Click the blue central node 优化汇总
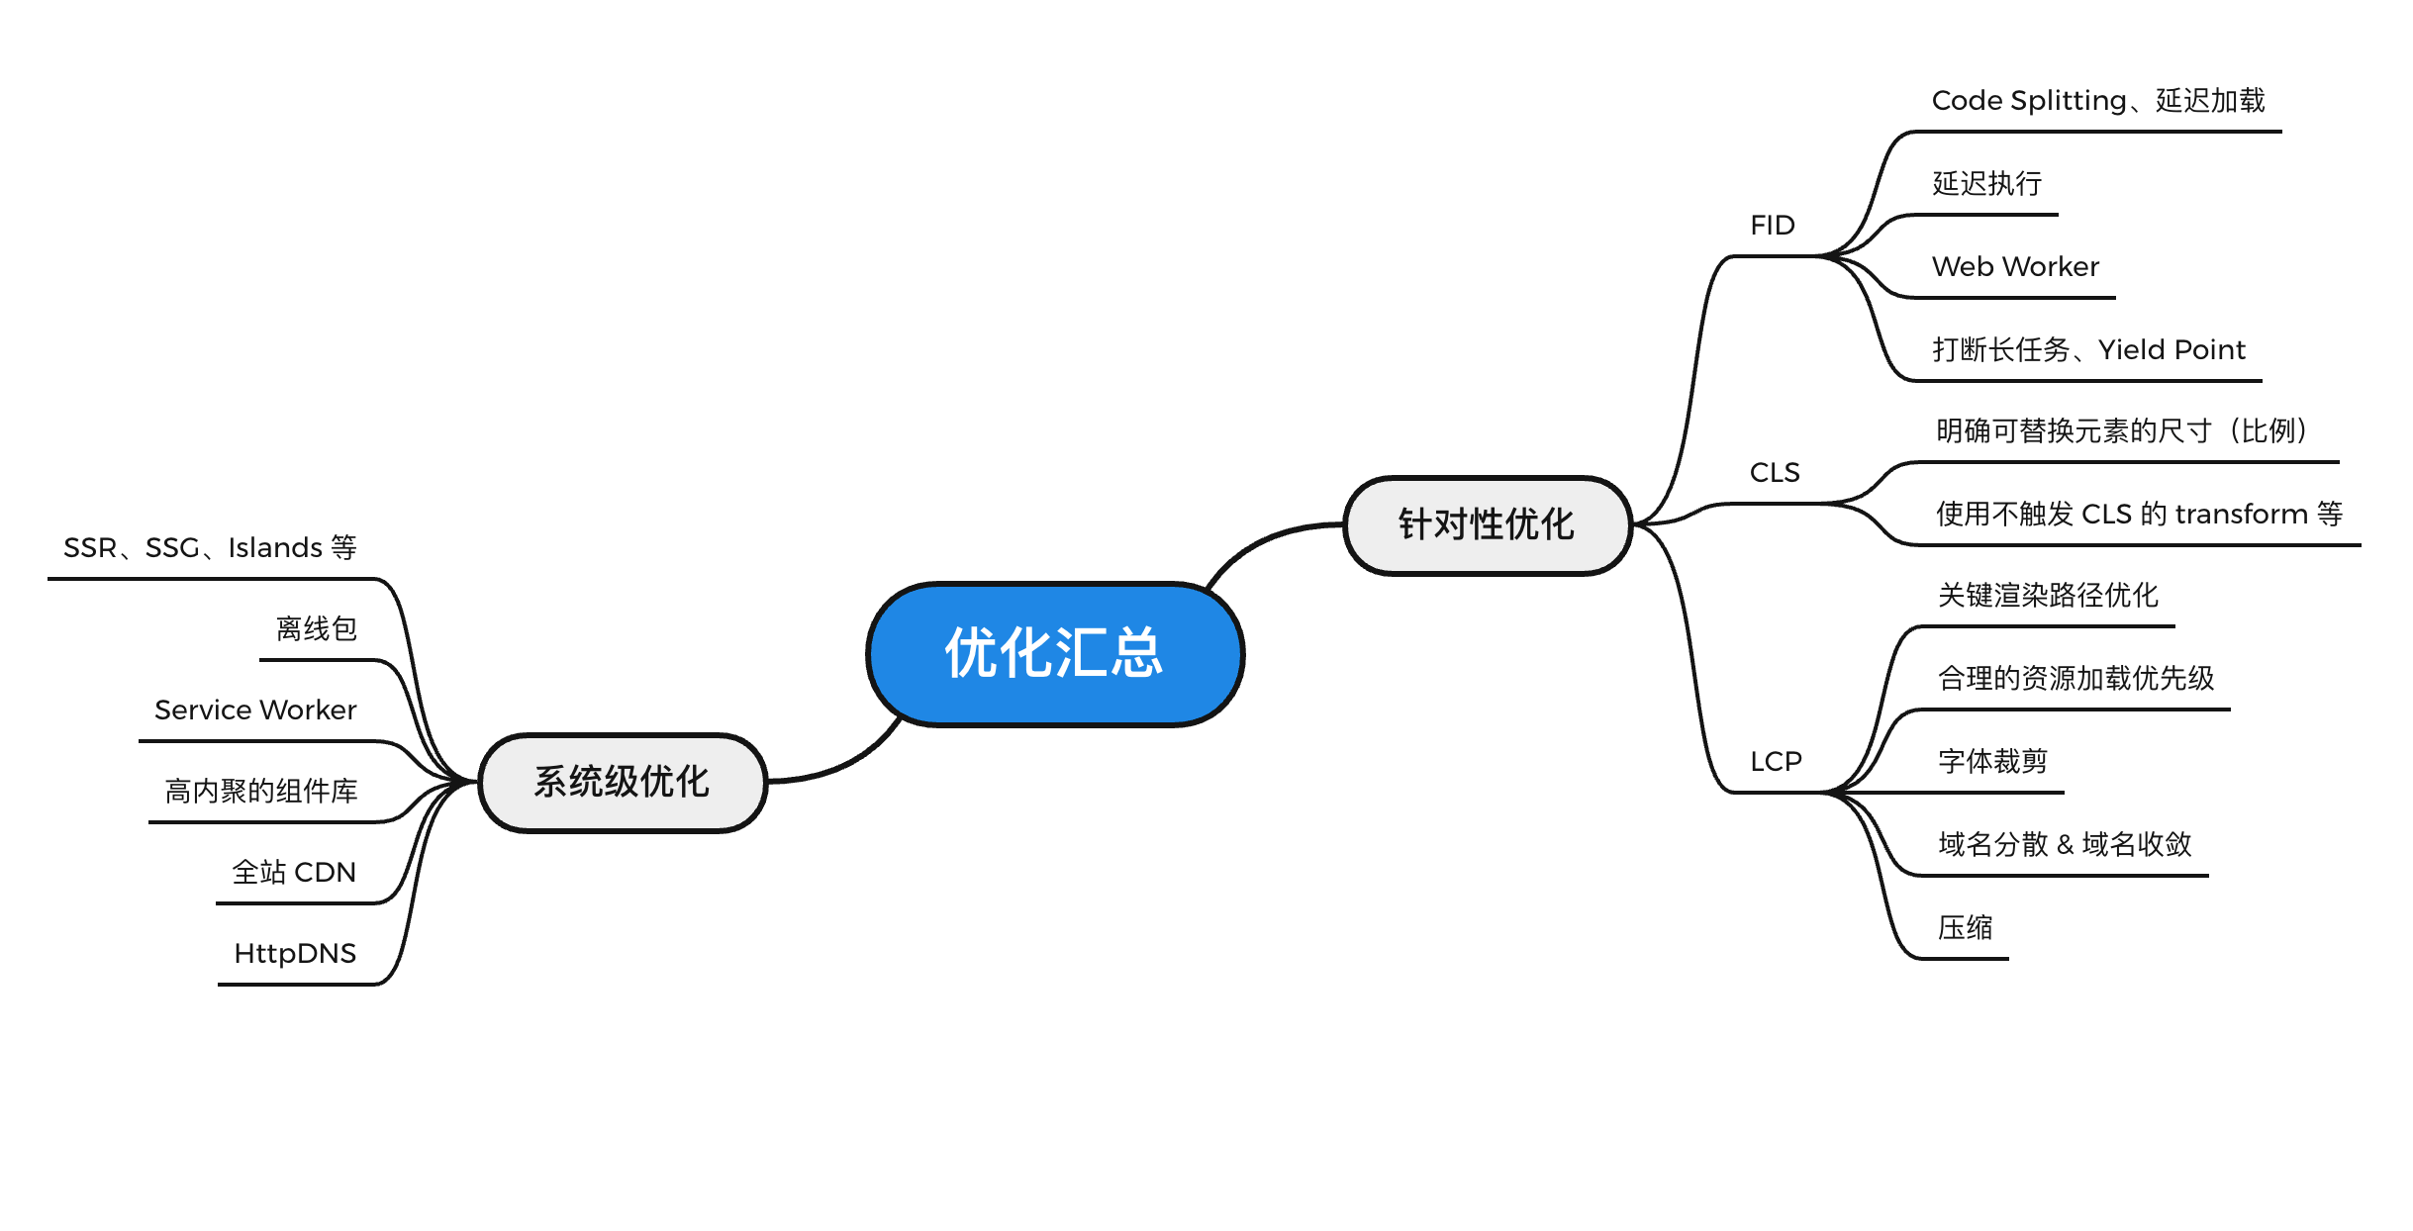(x=1055, y=654)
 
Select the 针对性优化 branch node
(x=1486, y=524)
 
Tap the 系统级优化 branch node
(x=623, y=782)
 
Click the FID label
(x=1772, y=226)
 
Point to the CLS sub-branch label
(x=1775, y=473)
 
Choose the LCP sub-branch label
(x=1776, y=762)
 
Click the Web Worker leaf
(x=2015, y=267)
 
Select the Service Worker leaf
(x=255, y=710)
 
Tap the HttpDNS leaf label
(x=295, y=954)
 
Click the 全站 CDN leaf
(x=294, y=873)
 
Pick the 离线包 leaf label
(x=317, y=629)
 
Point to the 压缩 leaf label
(x=1965, y=928)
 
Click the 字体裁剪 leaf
(x=1992, y=762)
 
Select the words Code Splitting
(x=2028, y=101)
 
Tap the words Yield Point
(x=2172, y=350)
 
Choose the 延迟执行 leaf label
(x=1986, y=184)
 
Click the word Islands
(x=275, y=548)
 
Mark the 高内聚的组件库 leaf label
(x=261, y=792)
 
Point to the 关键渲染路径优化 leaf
(x=2048, y=596)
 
